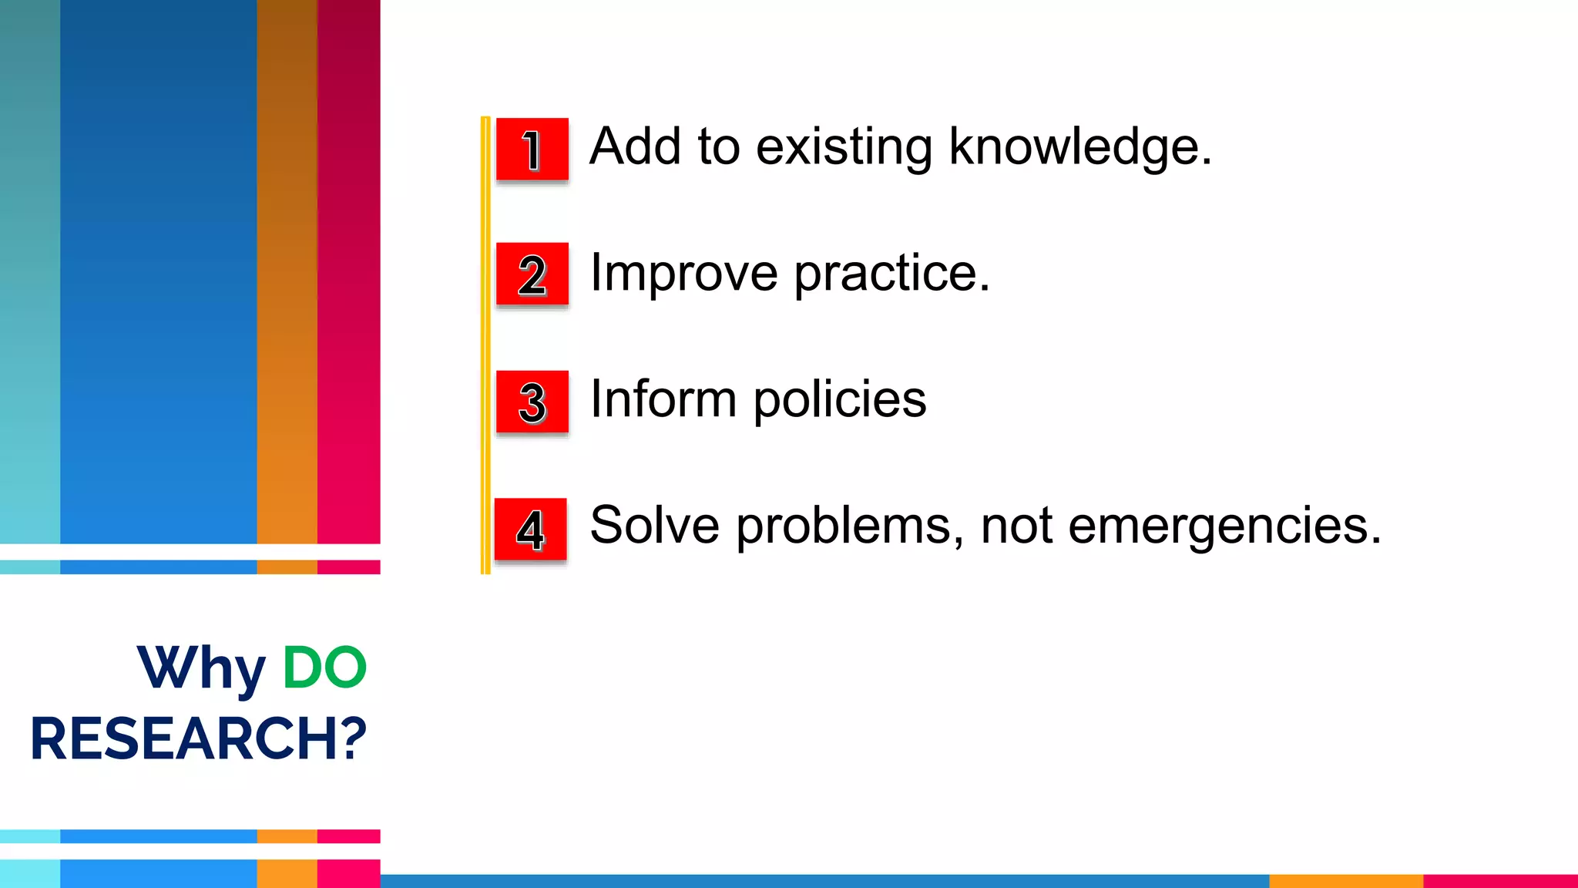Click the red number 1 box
pyautogui.click(x=532, y=149)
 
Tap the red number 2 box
pyautogui.click(x=532, y=274)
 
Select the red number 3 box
pyautogui.click(x=532, y=402)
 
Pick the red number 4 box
pyautogui.click(x=530, y=529)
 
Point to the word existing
pyautogui.click(x=844, y=146)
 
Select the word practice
pyautogui.click(x=891, y=274)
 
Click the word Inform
pyautogui.click(x=663, y=399)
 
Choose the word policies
pyautogui.click(x=840, y=401)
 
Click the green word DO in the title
pyautogui.click(x=324, y=667)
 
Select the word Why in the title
pyautogui.click(x=202, y=668)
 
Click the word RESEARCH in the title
pyautogui.click(x=185, y=738)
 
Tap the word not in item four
pyautogui.click(x=1016, y=526)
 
